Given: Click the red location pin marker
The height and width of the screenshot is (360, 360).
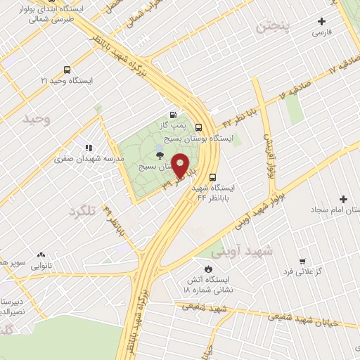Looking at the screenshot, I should click(x=181, y=165).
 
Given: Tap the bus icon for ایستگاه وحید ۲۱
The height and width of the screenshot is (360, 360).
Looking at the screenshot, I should click(x=67, y=70).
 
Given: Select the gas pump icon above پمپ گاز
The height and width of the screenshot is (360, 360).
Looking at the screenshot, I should click(x=173, y=115).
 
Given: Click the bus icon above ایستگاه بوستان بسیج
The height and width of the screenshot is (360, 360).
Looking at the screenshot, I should click(x=199, y=127).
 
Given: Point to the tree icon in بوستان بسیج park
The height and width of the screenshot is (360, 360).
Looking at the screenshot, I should click(x=160, y=155).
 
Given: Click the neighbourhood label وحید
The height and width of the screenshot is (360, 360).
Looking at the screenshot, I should click(x=37, y=118).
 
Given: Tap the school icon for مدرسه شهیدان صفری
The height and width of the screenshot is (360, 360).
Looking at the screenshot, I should click(x=88, y=148).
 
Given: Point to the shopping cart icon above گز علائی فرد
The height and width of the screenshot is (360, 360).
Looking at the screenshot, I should click(x=302, y=261).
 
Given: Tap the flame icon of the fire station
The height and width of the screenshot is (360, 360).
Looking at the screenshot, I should click(x=208, y=269).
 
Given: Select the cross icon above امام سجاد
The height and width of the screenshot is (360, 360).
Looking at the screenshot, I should click(x=343, y=199).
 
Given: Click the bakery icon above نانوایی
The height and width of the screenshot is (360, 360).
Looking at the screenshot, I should click(x=41, y=255).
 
